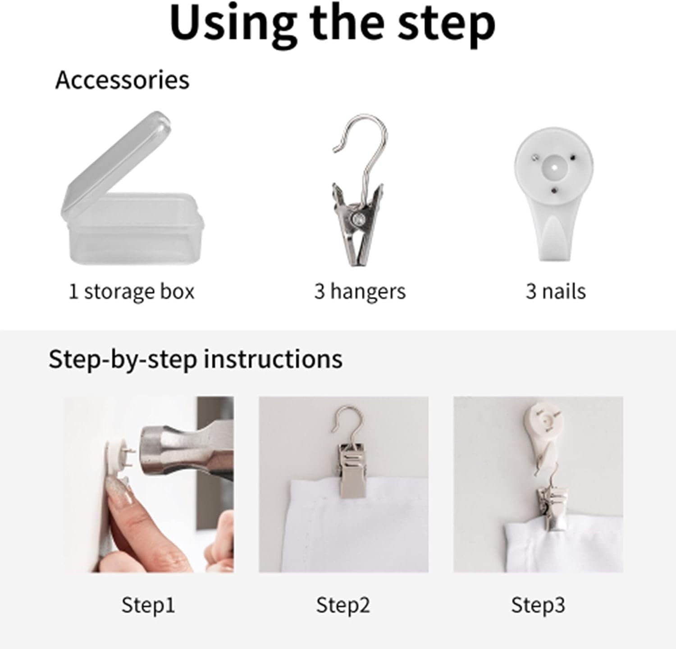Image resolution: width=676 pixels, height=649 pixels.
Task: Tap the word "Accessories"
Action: [x=122, y=80]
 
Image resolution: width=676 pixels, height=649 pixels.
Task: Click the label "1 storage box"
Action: [x=131, y=291]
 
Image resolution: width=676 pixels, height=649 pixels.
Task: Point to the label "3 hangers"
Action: [x=360, y=291]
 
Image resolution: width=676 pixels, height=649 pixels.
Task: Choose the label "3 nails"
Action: [x=556, y=291]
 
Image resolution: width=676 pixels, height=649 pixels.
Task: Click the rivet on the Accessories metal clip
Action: [x=359, y=219]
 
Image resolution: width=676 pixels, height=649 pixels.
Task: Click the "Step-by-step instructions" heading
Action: [x=195, y=360]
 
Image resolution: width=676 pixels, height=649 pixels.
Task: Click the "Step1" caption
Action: [x=148, y=605]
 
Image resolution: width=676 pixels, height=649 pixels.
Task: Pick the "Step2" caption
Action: [x=343, y=605]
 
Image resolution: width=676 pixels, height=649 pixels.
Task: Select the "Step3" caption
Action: [x=538, y=605]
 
